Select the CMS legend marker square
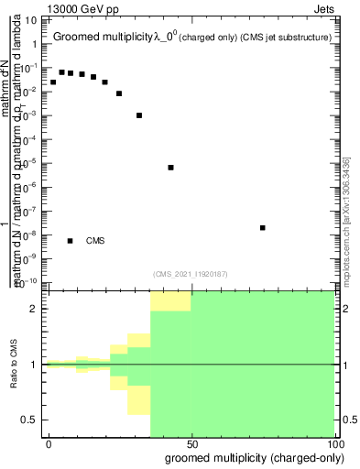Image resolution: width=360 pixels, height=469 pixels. pos(71,241)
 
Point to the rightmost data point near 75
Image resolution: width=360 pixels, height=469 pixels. pos(263,227)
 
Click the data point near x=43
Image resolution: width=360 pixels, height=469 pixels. pos(171,168)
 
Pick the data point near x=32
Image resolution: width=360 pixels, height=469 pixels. pos(139,115)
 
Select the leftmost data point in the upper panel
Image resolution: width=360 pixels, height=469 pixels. pos(53,82)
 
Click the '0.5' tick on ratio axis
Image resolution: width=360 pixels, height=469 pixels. pos(29,420)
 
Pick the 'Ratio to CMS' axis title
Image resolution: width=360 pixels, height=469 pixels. pos(14,365)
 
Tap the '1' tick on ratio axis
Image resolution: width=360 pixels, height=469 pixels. pos(34,365)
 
